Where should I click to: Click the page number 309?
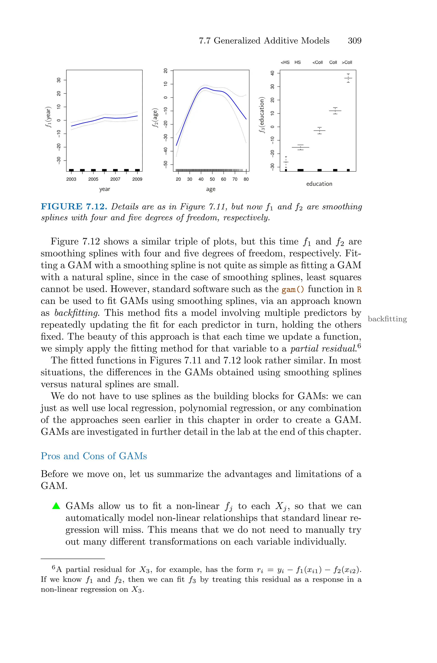[x=354, y=41]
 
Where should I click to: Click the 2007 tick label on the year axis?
[x=115, y=179]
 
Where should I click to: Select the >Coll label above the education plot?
[x=347, y=62]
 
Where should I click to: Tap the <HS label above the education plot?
[x=285, y=62]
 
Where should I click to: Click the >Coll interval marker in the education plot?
[x=348, y=78]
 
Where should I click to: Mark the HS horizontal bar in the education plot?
[x=300, y=147]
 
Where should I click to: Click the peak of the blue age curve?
[x=205, y=88]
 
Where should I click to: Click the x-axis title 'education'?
[x=319, y=184]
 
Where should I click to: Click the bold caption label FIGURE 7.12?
[x=74, y=207]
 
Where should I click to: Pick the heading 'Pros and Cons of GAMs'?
[x=94, y=456]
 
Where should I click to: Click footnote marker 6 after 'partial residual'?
[x=359, y=346]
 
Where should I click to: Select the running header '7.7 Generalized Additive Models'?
[x=264, y=41]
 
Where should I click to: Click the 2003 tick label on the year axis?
[x=71, y=179]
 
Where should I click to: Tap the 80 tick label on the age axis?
[x=246, y=179]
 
